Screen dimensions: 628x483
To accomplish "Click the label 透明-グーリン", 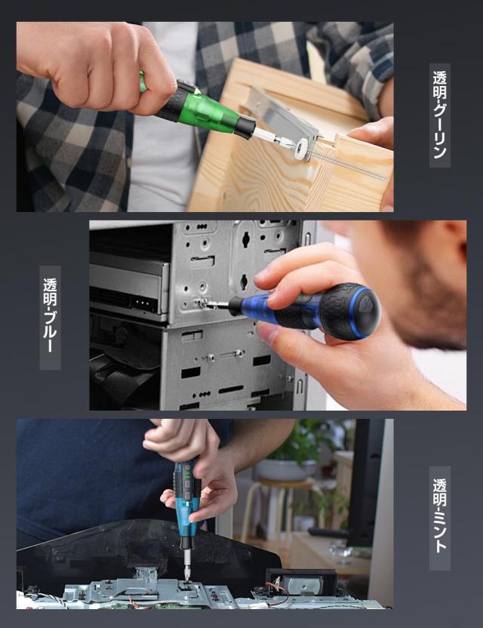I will pyautogui.click(x=440, y=115).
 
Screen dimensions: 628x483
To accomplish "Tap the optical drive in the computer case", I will pyautogui.click(x=128, y=282).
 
